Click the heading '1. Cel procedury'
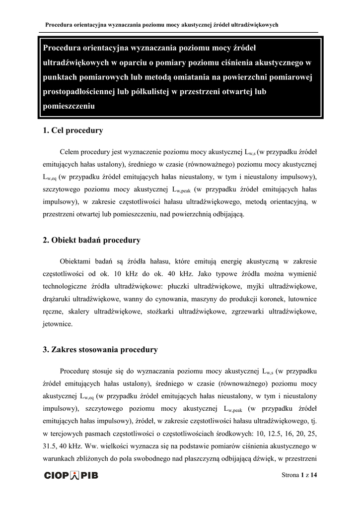[x=73, y=131]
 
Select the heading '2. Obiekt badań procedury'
[x=91, y=241]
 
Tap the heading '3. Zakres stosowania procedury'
[x=100, y=350]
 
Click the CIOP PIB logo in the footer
[x=71, y=475]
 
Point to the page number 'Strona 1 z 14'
[x=299, y=475]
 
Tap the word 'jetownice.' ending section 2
[x=58, y=324]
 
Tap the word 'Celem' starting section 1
[x=70, y=152]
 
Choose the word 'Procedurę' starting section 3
[x=76, y=371]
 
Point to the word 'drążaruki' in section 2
[x=58, y=300]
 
